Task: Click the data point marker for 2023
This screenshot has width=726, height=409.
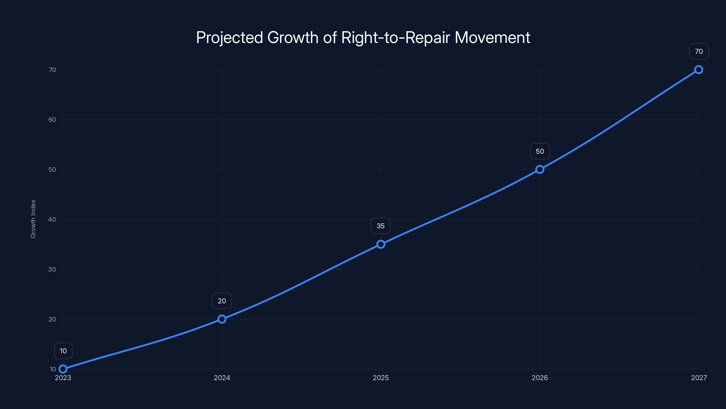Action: click(x=63, y=369)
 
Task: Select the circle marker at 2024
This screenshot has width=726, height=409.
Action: click(x=222, y=319)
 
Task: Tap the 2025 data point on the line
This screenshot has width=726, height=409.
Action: click(x=381, y=244)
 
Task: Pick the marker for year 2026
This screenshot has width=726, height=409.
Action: click(x=540, y=169)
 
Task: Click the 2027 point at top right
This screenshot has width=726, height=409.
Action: click(x=699, y=70)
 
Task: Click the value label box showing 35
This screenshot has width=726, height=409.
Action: click(x=380, y=226)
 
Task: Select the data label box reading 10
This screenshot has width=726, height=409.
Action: click(x=63, y=351)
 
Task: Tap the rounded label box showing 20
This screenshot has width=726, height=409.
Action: click(x=222, y=301)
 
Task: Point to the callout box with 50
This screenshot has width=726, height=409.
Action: click(x=540, y=151)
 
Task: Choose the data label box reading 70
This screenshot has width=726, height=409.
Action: click(x=699, y=51)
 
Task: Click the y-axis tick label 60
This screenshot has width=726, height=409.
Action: click(x=52, y=120)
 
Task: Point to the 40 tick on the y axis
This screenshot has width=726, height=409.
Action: click(x=52, y=219)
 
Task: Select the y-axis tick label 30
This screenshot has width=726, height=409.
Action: click(x=52, y=269)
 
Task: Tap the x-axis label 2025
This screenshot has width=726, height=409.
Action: click(x=381, y=378)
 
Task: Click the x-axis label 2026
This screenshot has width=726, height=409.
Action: click(x=540, y=378)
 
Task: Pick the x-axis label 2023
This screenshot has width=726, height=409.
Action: click(x=63, y=378)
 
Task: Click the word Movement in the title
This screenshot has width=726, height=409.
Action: click(x=492, y=37)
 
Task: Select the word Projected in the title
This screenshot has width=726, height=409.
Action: click(x=229, y=37)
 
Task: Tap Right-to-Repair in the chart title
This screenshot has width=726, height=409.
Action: click(x=396, y=37)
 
